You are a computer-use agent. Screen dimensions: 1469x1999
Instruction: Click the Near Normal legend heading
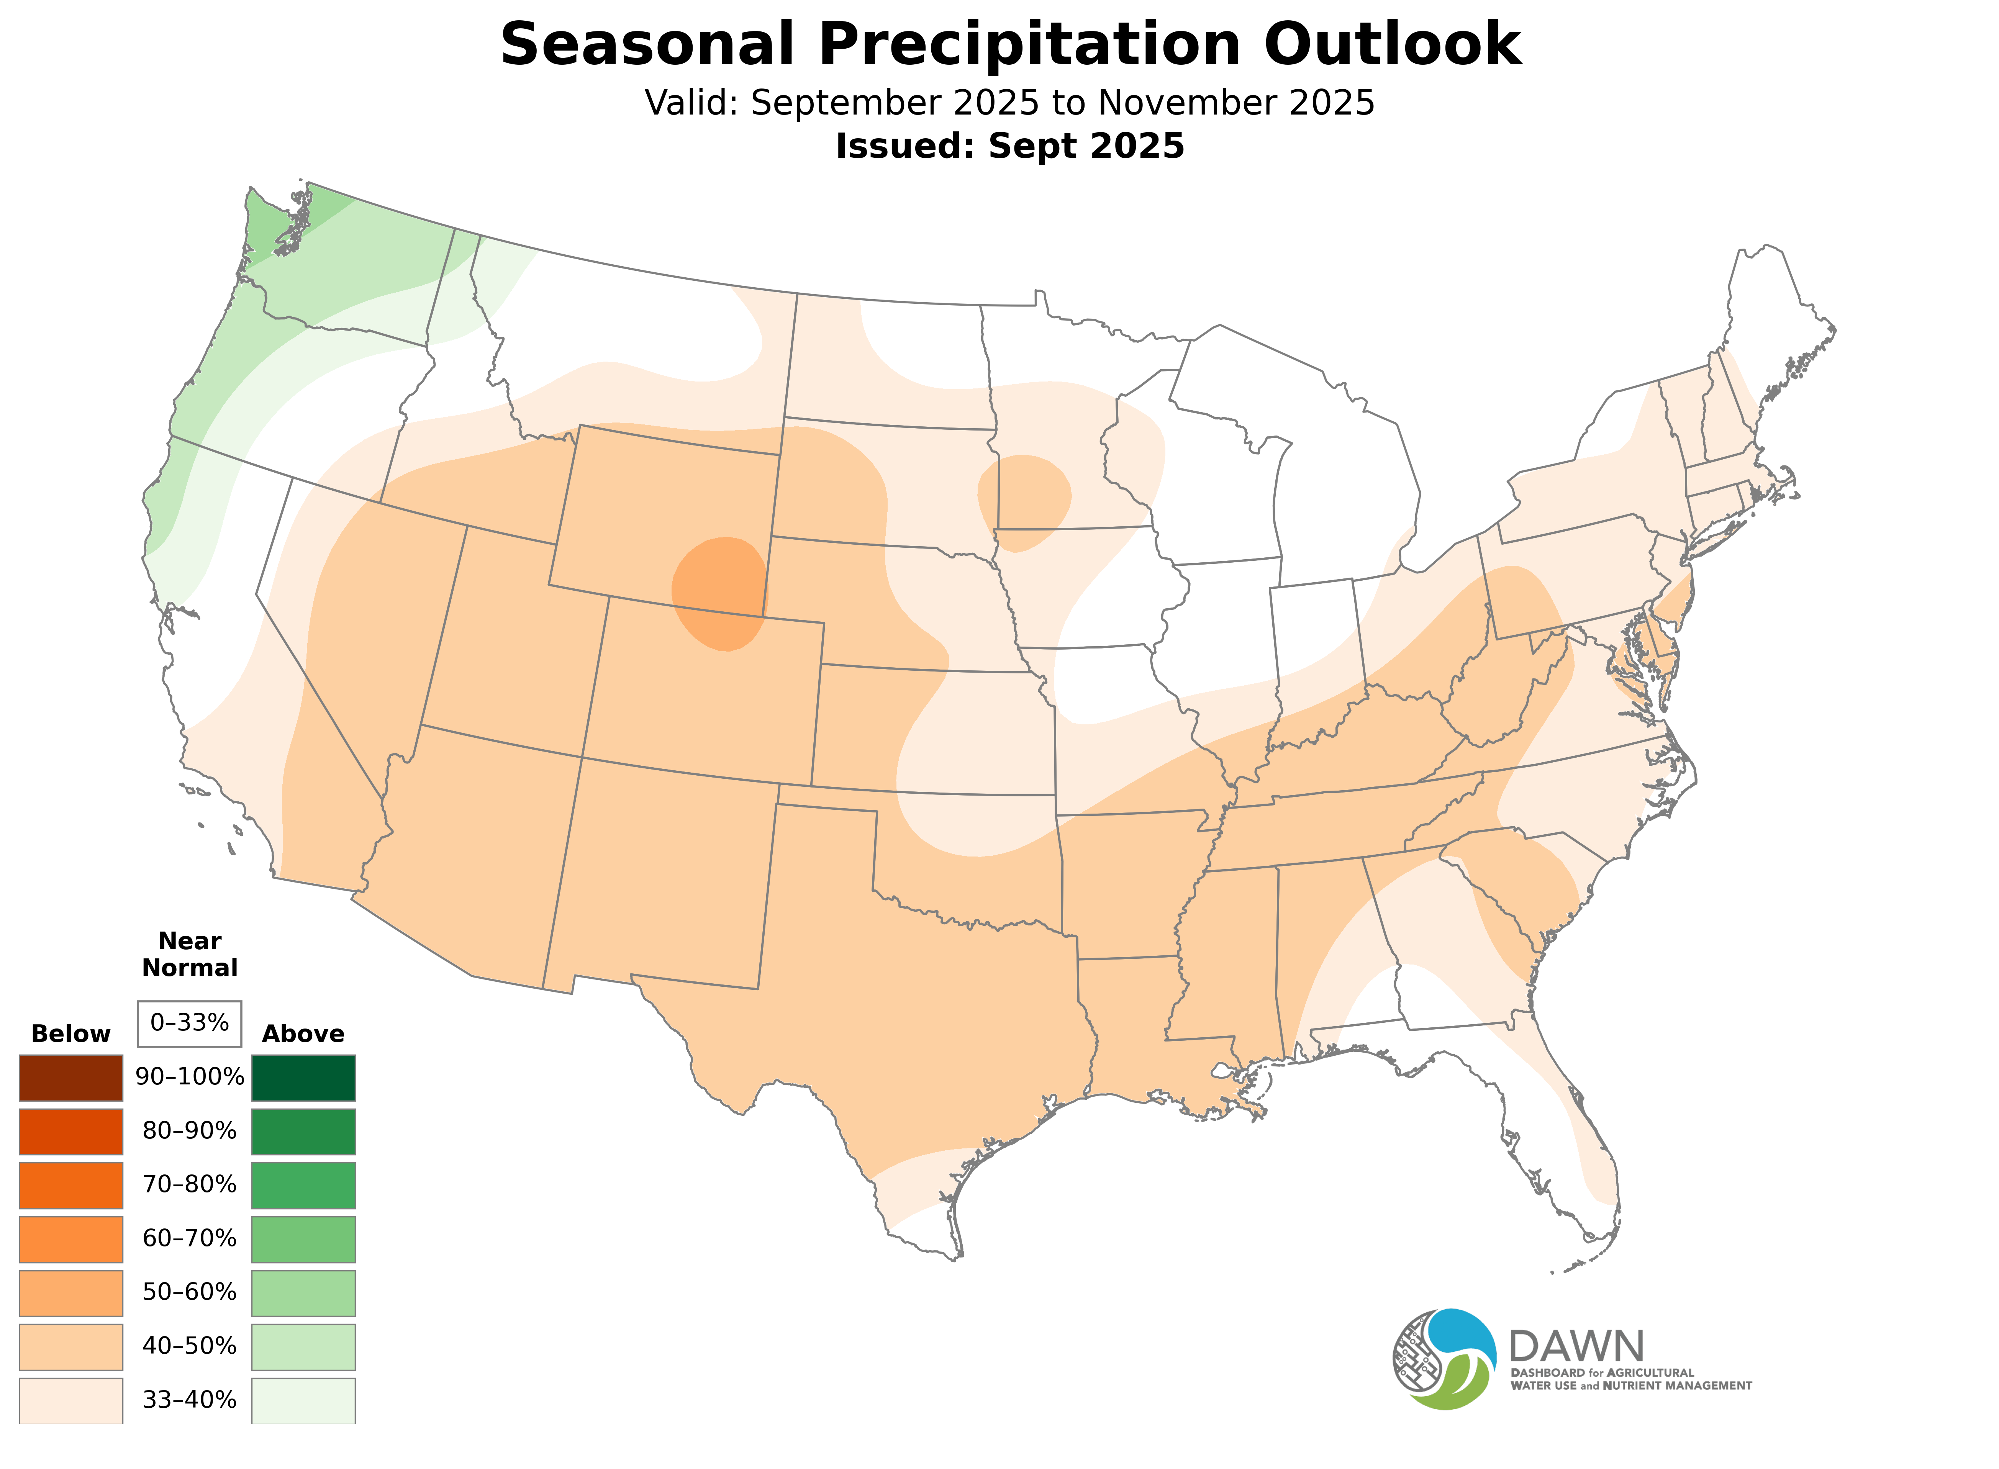[189, 954]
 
